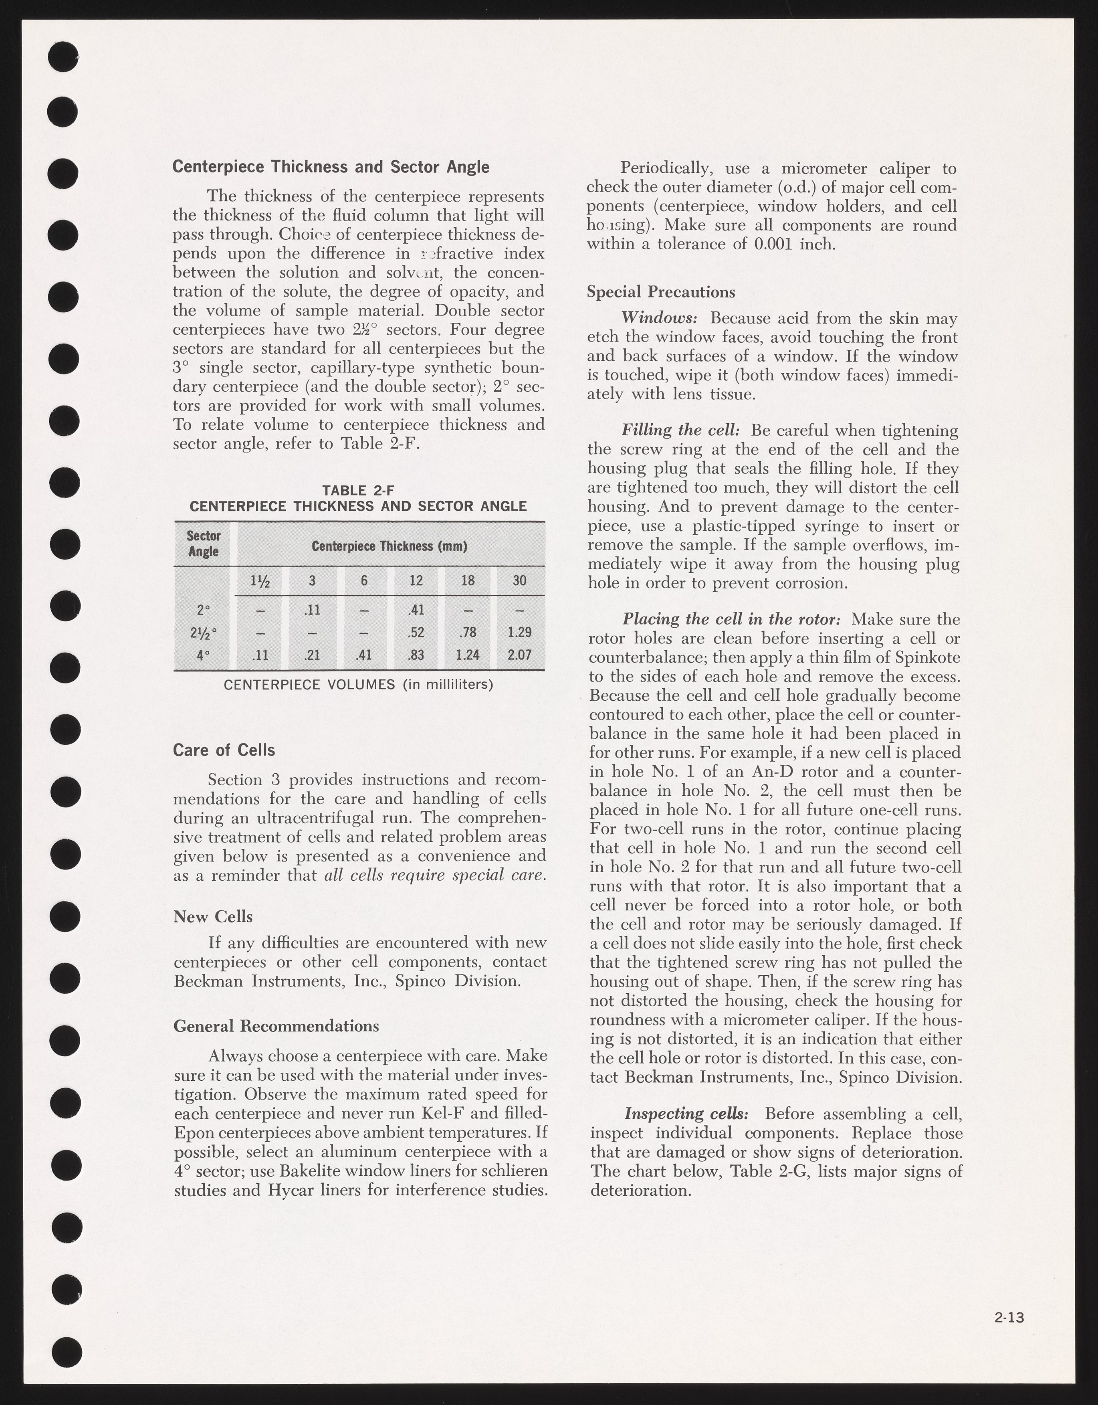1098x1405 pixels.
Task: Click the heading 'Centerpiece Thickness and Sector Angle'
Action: click(x=331, y=167)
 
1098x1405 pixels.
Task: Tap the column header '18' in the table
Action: click(x=468, y=581)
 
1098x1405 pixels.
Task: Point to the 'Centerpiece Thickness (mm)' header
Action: click(x=389, y=546)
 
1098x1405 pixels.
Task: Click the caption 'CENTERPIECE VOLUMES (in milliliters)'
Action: click(x=358, y=685)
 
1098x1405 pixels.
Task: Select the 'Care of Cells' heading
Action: click(x=224, y=750)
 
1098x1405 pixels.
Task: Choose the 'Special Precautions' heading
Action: click(x=660, y=292)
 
